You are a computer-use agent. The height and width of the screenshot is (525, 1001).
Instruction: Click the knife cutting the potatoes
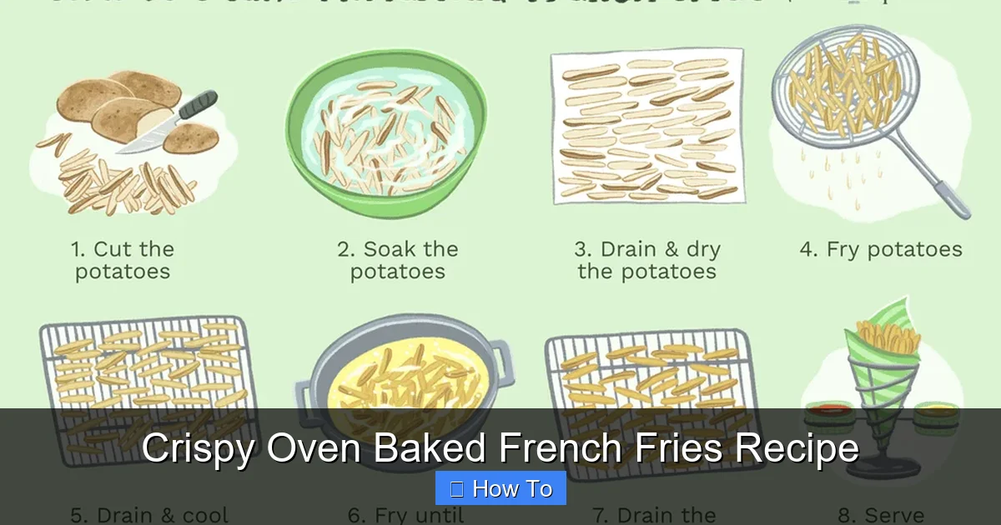point(171,122)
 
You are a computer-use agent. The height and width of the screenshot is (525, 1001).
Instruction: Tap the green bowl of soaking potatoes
point(386,133)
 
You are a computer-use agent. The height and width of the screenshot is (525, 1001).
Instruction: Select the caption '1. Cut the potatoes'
point(123,260)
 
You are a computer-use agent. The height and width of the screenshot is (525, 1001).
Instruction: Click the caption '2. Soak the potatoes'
point(397,260)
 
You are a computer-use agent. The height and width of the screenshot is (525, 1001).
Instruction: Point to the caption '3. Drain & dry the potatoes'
point(647,260)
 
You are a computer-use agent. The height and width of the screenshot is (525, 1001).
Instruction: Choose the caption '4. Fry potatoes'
point(881,249)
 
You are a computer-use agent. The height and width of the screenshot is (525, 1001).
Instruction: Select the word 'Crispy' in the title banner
point(198,448)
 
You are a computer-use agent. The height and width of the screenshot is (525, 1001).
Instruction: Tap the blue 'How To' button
point(500,488)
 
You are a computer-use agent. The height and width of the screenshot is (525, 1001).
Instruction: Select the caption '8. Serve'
point(881,515)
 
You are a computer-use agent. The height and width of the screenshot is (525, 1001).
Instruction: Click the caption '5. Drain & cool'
point(149,515)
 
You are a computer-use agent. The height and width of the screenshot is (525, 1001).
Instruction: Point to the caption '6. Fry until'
point(405,515)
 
